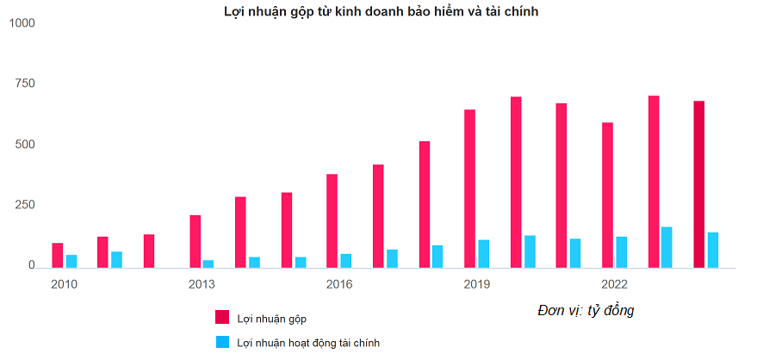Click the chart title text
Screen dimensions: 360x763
coord(381,11)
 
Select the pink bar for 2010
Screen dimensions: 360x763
coord(58,255)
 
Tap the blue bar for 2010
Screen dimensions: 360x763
coord(71,261)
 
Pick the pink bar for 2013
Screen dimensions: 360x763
coord(195,241)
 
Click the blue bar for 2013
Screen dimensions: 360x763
coord(208,264)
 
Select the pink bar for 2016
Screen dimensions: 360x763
coord(332,220)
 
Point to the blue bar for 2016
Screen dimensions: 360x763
coord(346,260)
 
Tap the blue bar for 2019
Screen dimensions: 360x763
coord(484,253)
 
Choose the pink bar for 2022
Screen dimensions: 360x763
coord(607,195)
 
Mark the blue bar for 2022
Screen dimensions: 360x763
coord(621,251)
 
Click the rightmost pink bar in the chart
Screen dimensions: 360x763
coord(699,184)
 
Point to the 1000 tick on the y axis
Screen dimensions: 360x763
coord(21,22)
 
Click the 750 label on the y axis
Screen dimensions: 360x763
coord(24,84)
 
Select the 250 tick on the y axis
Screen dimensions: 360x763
coord(24,205)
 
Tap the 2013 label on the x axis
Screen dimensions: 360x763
coord(202,284)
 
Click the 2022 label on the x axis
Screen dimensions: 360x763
coord(614,284)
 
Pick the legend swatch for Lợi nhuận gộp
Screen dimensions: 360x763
coord(222,318)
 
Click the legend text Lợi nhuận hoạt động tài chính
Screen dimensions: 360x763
coord(308,343)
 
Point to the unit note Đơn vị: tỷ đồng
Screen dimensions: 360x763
coord(586,310)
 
